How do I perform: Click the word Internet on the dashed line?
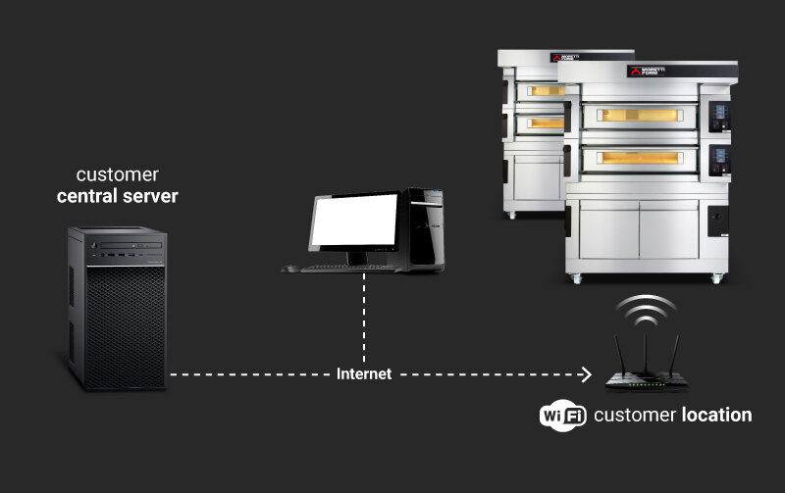pos(364,374)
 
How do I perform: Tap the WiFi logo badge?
pos(562,416)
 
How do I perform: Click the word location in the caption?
pos(716,415)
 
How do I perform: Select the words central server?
pos(117,196)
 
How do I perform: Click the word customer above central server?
pos(118,174)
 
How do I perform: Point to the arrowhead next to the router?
pos(586,374)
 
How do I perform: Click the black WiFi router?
pos(644,378)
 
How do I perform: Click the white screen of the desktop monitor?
pos(354,222)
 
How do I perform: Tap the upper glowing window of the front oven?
pos(639,116)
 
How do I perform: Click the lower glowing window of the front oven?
pos(639,158)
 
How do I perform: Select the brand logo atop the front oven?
pos(648,71)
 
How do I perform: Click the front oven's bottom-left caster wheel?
pos(576,278)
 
